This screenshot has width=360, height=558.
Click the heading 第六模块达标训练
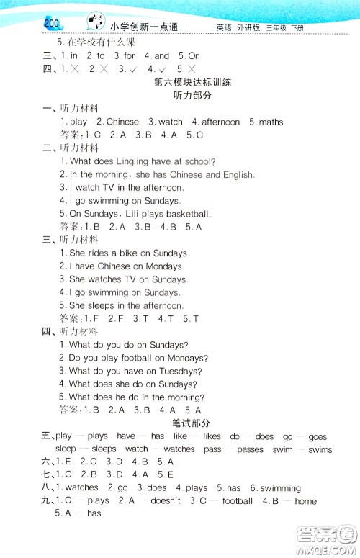(192, 82)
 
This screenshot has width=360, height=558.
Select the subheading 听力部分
(192, 96)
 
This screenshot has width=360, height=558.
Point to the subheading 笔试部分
(192, 423)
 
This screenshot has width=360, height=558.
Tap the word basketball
(188, 214)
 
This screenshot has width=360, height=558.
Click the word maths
(271, 122)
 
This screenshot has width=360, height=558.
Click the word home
(305, 501)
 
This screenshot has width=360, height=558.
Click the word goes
(317, 436)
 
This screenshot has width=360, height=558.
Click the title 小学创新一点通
(145, 27)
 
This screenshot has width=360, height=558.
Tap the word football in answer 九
(237, 501)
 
